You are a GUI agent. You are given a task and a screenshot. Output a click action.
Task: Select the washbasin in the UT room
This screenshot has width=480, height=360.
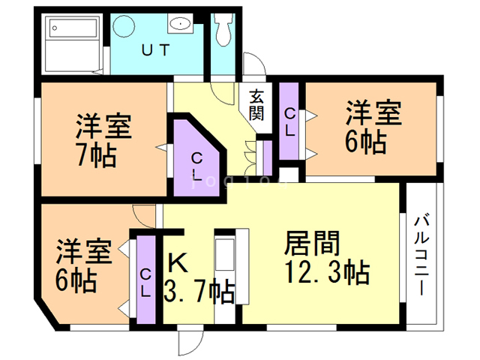coord(180,25)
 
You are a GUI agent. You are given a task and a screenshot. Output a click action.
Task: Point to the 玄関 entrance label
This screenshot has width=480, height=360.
coord(256,104)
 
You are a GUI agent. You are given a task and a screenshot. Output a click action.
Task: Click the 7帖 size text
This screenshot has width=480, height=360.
coord(95,155)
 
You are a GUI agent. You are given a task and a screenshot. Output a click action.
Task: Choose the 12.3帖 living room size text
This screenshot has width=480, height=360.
coord(326,272)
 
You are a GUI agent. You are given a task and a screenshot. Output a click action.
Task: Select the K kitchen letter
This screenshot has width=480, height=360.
coord(177,262)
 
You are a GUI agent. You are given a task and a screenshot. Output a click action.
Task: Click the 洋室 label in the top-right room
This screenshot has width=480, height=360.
coord(373,115)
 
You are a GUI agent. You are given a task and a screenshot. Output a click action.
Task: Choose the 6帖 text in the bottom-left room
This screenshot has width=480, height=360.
coord(75,280)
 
